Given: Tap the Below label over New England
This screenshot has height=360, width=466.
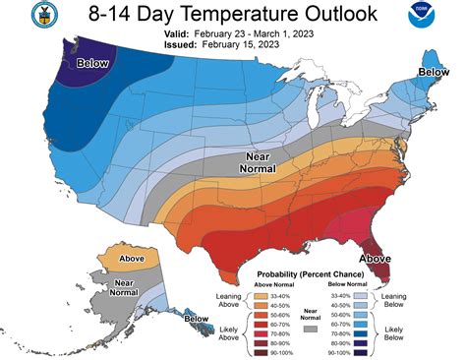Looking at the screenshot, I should click(433, 73).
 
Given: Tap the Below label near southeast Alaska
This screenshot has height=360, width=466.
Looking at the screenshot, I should click(197, 318).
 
